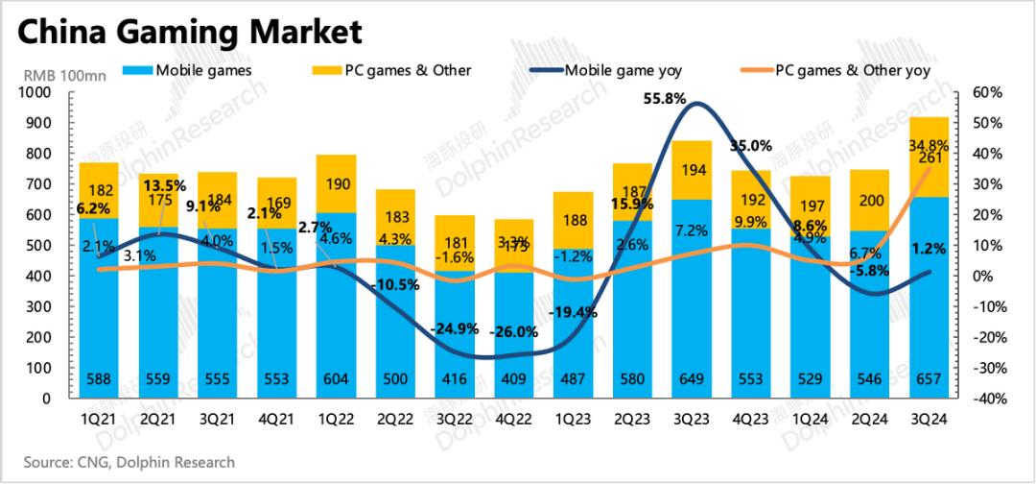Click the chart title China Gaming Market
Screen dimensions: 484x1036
pyautogui.click(x=190, y=32)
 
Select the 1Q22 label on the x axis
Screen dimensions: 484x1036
pyautogui.click(x=336, y=421)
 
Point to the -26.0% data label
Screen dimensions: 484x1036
pyautogui.click(x=514, y=332)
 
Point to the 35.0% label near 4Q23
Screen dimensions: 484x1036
pyautogui.click(x=750, y=146)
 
